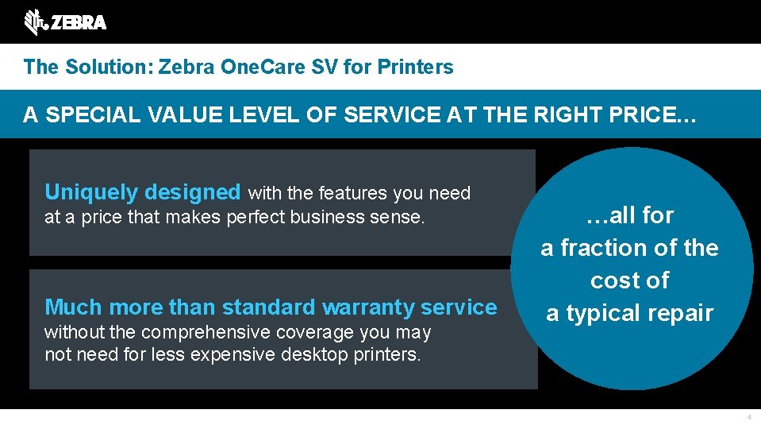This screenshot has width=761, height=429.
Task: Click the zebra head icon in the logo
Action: [34, 22]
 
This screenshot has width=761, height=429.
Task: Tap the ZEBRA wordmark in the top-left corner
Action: [78, 23]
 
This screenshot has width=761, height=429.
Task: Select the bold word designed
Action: [193, 192]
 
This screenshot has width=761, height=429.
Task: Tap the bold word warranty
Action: [370, 307]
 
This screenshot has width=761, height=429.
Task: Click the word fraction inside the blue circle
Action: [609, 248]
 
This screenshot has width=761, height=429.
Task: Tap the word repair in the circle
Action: [682, 313]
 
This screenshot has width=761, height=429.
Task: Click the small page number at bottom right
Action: [748, 416]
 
